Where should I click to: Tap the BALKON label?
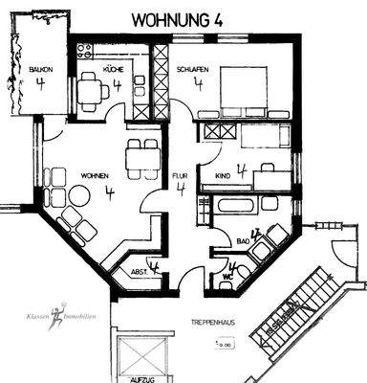pos(39,70)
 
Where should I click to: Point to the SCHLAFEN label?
pos(192,69)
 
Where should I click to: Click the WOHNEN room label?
pos(67,175)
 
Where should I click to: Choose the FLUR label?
pos(179,176)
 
